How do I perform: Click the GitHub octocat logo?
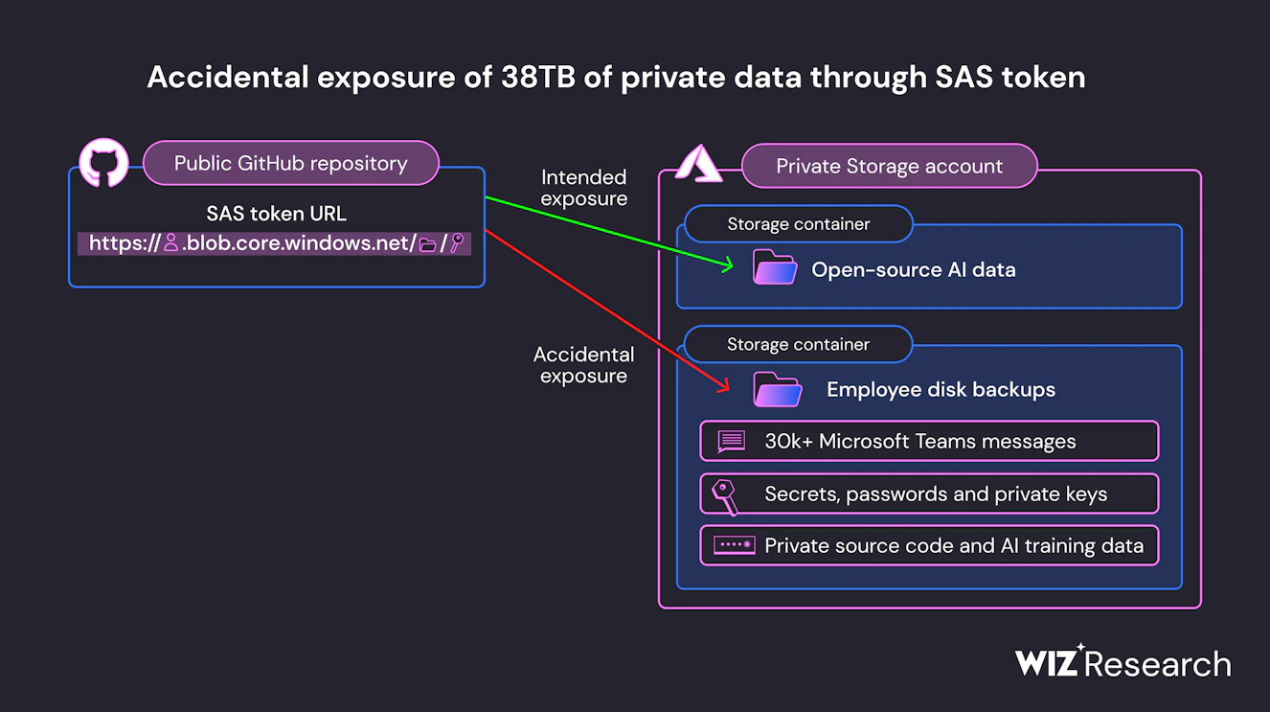pos(103,163)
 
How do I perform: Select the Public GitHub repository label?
pos(290,164)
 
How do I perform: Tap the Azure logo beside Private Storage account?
pos(699,164)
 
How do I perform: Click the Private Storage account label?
pos(889,166)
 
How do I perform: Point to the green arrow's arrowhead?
pos(727,264)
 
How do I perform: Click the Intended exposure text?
pos(583,188)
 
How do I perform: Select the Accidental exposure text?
pos(583,365)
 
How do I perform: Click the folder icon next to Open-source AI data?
pos(775,268)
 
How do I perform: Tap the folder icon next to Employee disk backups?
pos(777,390)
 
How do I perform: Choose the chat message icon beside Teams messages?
pos(732,441)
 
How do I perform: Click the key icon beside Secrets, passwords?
pos(724,495)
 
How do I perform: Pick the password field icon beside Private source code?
pos(734,546)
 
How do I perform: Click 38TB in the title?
pos(537,78)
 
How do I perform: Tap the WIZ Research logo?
pos(1123,662)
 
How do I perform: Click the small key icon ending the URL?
pos(457,243)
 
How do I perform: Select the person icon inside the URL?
pos(170,243)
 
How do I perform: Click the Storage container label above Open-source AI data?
pos(798,224)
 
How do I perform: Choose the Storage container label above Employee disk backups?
pos(798,344)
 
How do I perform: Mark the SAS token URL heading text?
pos(276,214)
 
